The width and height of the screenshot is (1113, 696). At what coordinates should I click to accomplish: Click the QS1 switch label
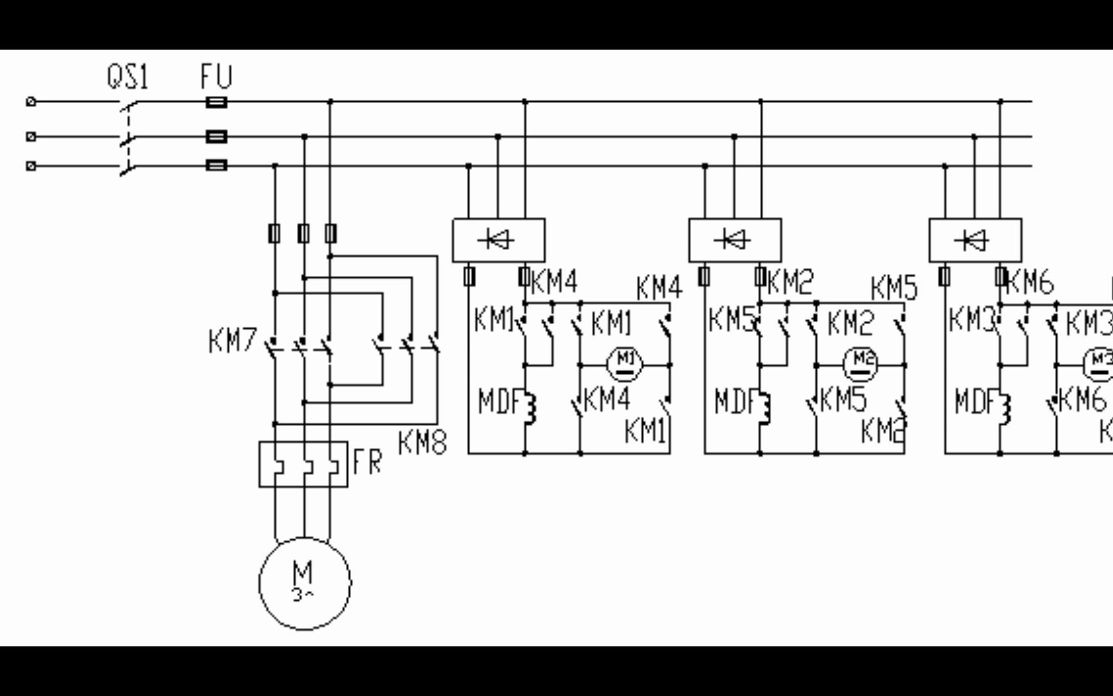(x=128, y=77)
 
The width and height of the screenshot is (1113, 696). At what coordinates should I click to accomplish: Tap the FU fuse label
(x=216, y=76)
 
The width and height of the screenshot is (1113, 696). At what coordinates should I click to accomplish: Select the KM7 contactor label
(x=233, y=340)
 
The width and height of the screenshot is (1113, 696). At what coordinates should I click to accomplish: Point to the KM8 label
(x=423, y=443)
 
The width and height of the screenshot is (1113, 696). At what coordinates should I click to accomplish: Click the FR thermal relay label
(x=367, y=461)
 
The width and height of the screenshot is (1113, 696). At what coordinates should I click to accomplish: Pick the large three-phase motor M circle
(x=305, y=583)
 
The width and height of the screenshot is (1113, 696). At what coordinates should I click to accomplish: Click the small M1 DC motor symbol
(x=625, y=364)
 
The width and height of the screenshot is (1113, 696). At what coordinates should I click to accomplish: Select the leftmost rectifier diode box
(x=499, y=240)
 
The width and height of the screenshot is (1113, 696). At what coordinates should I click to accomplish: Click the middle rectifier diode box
(x=735, y=240)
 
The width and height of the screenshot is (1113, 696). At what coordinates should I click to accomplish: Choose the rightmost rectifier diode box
(x=975, y=240)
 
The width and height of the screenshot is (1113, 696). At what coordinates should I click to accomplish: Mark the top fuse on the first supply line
(x=216, y=102)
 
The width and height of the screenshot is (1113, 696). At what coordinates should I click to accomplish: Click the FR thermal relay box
(x=303, y=464)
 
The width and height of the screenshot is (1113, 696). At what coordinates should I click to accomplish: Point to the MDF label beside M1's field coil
(x=499, y=402)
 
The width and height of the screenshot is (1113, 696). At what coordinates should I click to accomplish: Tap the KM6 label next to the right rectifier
(x=1030, y=282)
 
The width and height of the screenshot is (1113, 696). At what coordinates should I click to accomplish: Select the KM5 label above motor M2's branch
(x=894, y=288)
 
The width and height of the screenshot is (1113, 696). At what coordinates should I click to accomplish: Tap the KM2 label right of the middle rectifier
(x=790, y=282)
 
